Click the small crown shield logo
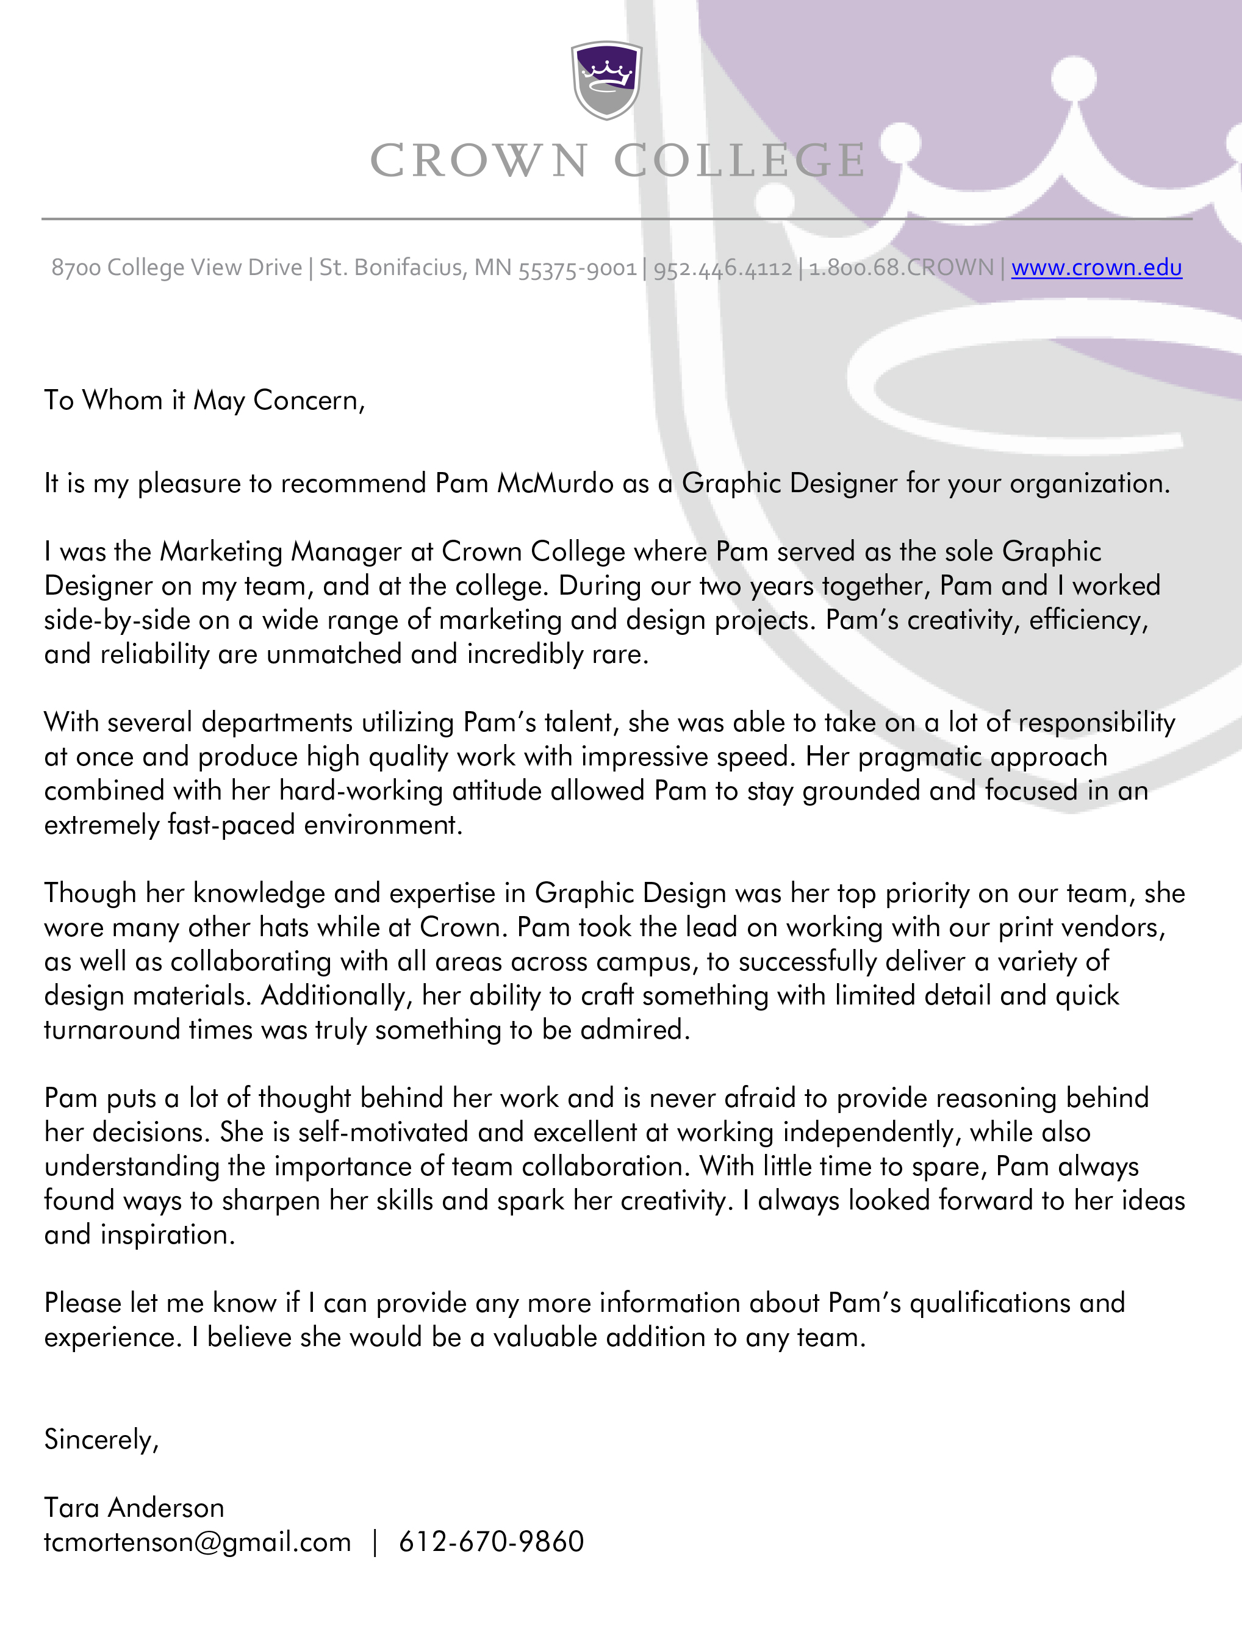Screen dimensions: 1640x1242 point(606,80)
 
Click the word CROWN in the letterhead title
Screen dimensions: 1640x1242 point(479,161)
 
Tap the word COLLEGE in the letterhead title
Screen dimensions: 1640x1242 point(740,161)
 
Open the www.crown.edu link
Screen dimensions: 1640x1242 point(1097,267)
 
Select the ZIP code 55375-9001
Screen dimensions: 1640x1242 point(578,268)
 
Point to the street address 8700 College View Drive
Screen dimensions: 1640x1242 point(176,267)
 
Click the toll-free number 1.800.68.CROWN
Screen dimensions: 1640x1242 point(901,267)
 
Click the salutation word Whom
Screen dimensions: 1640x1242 point(123,400)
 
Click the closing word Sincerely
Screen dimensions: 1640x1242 point(101,1440)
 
